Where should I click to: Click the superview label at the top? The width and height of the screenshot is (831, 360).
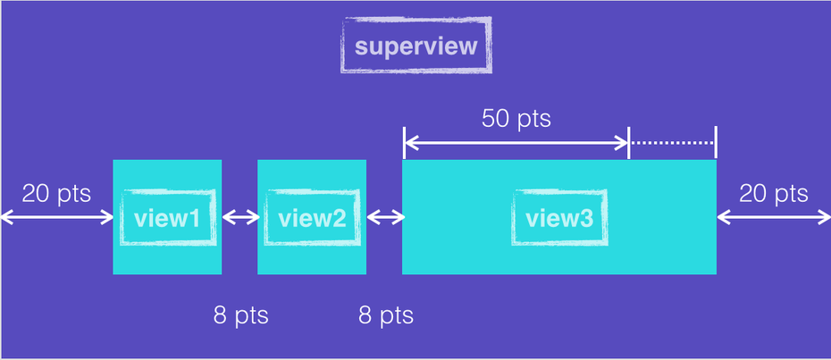(416, 46)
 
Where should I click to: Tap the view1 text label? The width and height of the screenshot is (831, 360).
(166, 217)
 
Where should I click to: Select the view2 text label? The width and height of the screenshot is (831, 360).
(311, 217)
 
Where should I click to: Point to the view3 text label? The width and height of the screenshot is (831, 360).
(559, 217)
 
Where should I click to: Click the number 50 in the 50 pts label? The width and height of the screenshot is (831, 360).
(497, 118)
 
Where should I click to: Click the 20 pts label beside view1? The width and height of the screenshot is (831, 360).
(55, 194)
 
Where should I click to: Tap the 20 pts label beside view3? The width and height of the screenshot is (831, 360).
(774, 194)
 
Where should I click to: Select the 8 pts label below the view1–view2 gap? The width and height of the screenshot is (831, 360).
(240, 315)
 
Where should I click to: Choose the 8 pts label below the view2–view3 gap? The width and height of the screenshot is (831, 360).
(386, 315)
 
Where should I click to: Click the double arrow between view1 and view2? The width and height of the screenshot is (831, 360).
(239, 217)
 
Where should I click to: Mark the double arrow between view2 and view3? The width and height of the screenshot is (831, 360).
(384, 217)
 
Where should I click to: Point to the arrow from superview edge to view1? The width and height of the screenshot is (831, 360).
(56, 217)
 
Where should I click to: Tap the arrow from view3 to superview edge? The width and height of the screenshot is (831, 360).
(774, 217)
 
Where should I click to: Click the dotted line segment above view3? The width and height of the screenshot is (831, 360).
(672, 142)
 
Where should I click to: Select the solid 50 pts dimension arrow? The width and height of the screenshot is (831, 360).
(516, 142)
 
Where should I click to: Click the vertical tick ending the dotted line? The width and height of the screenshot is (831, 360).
(717, 142)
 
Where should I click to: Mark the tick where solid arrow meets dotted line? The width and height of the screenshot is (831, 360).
(630, 142)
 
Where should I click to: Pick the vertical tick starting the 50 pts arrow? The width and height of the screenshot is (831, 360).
(404, 142)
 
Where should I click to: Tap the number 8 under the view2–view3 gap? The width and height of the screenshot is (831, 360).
(365, 315)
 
